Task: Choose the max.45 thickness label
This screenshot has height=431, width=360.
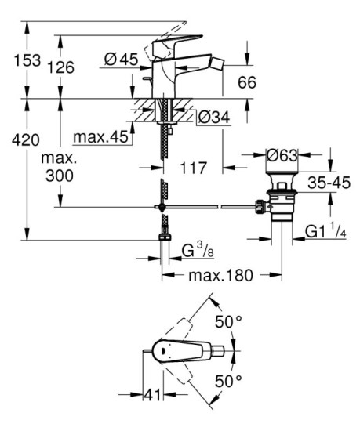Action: click(100, 138)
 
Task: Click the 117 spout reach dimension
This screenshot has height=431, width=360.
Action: click(192, 168)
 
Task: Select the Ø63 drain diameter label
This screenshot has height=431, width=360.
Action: click(282, 156)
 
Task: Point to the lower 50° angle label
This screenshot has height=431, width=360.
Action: click(229, 382)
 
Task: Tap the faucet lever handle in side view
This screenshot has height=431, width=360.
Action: click(177, 40)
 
